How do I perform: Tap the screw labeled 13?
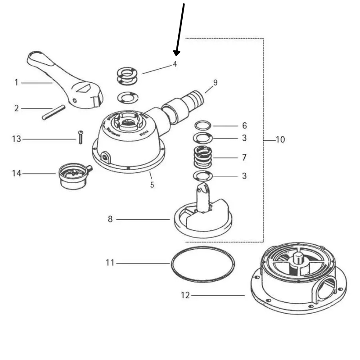click(x=80, y=137)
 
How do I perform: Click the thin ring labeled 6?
click(x=203, y=125)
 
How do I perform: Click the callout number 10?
click(x=280, y=140)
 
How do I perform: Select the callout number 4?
click(x=175, y=64)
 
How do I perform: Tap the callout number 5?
click(x=152, y=184)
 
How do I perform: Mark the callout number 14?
click(x=16, y=173)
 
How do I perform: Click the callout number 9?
click(x=215, y=82)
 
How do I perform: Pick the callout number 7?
click(x=244, y=158)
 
